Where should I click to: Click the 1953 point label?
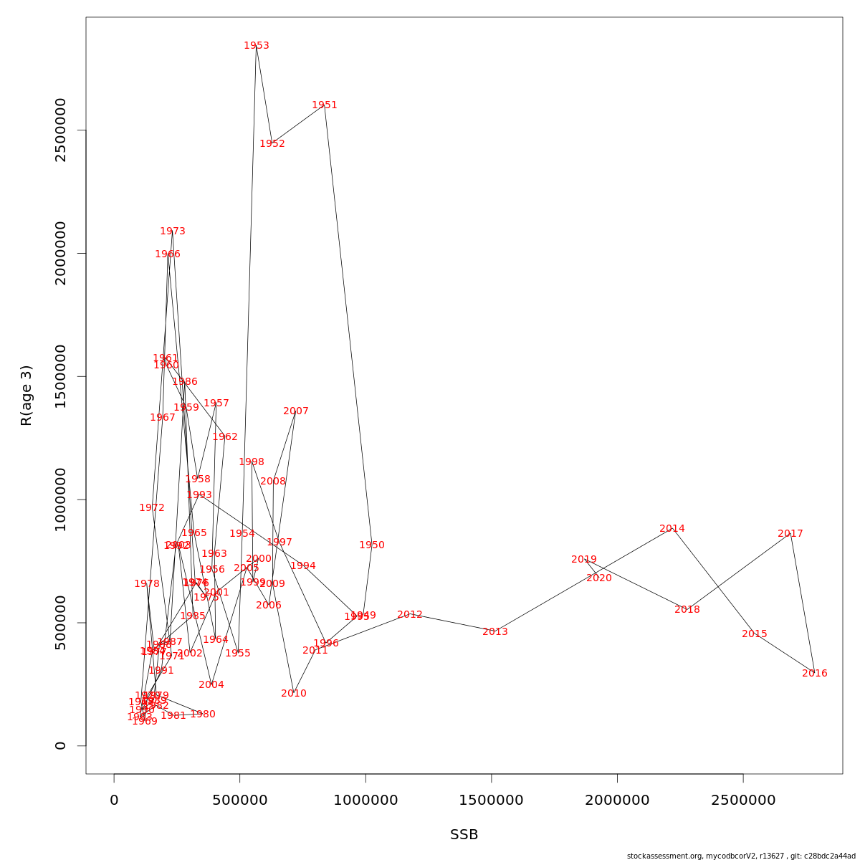(x=257, y=46)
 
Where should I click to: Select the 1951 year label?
(x=325, y=105)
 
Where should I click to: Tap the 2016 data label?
(x=815, y=674)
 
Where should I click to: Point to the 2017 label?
(x=790, y=534)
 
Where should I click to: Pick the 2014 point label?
(x=672, y=529)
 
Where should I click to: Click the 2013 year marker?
(x=495, y=632)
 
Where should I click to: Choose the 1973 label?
(x=173, y=231)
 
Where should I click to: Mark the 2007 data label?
(x=296, y=411)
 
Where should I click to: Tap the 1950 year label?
(x=372, y=545)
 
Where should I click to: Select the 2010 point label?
(x=294, y=694)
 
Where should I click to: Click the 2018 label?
(x=687, y=610)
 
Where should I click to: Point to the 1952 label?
(x=272, y=144)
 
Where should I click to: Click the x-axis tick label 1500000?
(x=492, y=801)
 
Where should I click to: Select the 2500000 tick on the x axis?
(x=743, y=801)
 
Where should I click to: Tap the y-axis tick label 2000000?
(x=60, y=253)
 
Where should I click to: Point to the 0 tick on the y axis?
(x=60, y=745)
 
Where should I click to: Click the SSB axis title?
(x=464, y=835)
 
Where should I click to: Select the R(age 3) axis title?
(x=27, y=396)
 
